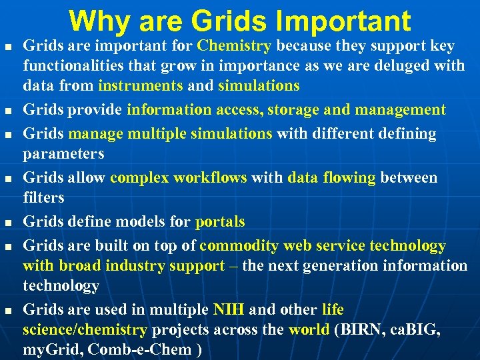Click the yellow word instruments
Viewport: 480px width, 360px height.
pyautogui.click(x=140, y=86)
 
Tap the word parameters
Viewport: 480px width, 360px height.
pyautogui.click(x=63, y=154)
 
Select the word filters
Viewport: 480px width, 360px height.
pyautogui.click(x=43, y=197)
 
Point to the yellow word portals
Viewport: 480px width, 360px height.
pyautogui.click(x=220, y=221)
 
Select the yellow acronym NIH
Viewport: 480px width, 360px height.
pyautogui.click(x=229, y=310)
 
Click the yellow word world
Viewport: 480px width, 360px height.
pyautogui.click(x=309, y=330)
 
